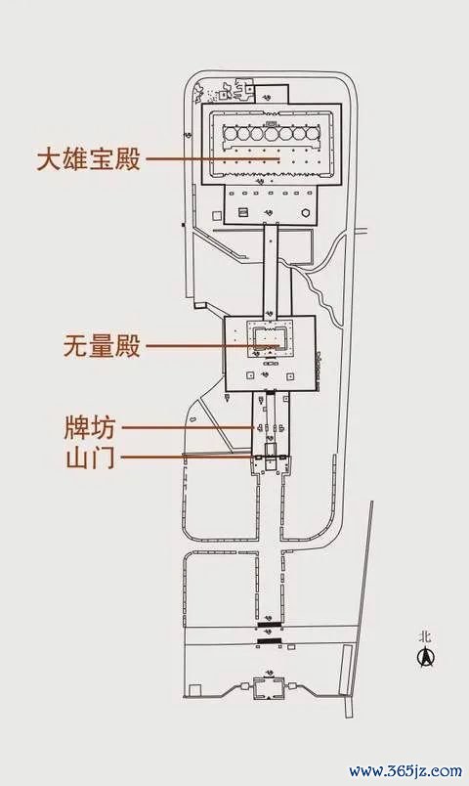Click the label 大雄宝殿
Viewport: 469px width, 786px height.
pos(89,159)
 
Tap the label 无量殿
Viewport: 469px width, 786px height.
pos(102,346)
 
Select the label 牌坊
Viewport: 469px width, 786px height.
pos(90,427)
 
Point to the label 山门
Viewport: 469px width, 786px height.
pos(90,458)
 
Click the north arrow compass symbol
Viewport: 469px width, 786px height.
pos(426,657)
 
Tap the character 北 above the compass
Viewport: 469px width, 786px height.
pos(425,637)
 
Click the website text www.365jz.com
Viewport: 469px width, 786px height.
pos(405,770)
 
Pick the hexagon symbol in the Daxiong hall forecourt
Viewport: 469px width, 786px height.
pos(305,212)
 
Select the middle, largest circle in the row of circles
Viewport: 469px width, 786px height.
pos(271,134)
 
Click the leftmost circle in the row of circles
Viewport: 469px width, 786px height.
pos(230,134)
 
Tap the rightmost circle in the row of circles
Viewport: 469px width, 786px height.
pos(314,134)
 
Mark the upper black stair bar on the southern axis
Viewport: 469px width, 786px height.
pos(270,625)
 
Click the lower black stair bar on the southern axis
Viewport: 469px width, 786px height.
pos(270,641)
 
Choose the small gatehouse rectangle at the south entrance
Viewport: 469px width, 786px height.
pos(270,685)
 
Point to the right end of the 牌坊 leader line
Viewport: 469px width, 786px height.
pos(254,427)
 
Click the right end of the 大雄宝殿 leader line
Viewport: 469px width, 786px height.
pos(279,159)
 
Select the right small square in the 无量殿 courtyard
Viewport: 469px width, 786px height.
pos(289,376)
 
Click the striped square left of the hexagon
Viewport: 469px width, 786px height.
pos(243,212)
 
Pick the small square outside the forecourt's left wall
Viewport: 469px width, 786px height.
pos(216,215)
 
